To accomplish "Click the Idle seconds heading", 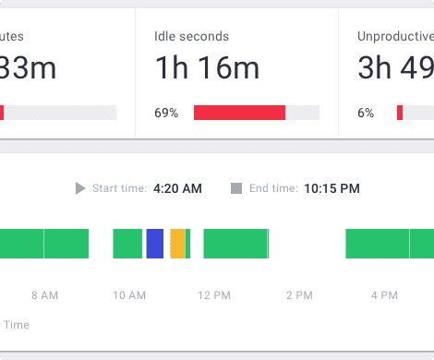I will [191, 37].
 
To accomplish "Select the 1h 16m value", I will [207, 68].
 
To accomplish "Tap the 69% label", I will [166, 113].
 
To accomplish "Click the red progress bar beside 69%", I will [239, 113].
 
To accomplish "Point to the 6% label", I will [366, 113].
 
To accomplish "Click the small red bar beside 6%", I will [400, 113].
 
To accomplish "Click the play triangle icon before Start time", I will [81, 188].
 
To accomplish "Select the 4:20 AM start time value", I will [177, 188].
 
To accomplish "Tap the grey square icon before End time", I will [236, 188].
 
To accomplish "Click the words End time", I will [273, 188].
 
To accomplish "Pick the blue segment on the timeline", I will [154, 244].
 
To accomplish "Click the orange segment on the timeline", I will [177, 244].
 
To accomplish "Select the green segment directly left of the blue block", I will [127, 244].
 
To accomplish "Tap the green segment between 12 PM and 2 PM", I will [235, 244].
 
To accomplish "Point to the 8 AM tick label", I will [44, 295].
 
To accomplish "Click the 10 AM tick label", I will [129, 295].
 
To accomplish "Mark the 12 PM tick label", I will [214, 295].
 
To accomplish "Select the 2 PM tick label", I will [299, 295].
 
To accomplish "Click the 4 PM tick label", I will [384, 295].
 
